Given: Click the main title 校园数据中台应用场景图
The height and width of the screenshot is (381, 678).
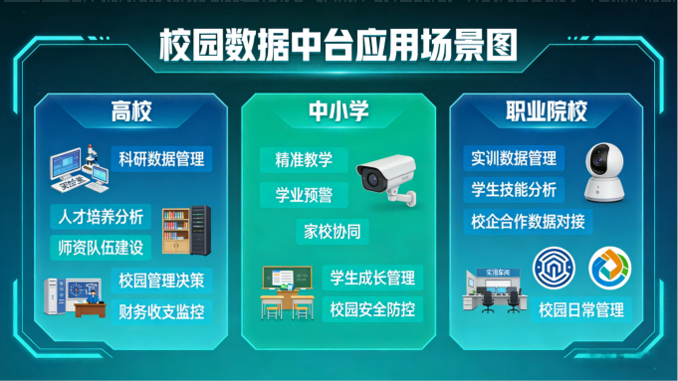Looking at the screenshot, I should (339, 45).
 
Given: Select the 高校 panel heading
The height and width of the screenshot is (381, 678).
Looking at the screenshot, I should (131, 111).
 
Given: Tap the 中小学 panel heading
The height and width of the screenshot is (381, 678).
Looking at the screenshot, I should (339, 111).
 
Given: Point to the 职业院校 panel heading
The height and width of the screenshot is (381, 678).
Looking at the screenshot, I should (546, 111).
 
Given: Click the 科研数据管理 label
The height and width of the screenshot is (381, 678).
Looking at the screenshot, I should (160, 158).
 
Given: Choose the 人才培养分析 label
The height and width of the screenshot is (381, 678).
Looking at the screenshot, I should (98, 216).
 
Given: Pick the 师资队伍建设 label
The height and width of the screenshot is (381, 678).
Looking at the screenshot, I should (98, 246).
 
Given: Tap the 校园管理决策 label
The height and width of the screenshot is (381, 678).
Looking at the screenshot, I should (160, 280).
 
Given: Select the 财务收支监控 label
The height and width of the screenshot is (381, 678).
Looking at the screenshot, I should (160, 310).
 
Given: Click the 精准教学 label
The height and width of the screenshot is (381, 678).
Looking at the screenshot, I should (297, 159).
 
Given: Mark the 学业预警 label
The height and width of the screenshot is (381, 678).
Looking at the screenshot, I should (297, 194).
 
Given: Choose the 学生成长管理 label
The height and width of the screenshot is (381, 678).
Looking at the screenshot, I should (371, 277).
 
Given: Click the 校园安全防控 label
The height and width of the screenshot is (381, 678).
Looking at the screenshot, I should (371, 308).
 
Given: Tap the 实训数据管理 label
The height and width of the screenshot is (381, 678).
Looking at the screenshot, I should (515, 158).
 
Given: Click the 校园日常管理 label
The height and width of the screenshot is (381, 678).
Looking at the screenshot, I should (581, 309).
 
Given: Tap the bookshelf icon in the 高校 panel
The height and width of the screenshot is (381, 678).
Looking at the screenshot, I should (177, 230).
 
